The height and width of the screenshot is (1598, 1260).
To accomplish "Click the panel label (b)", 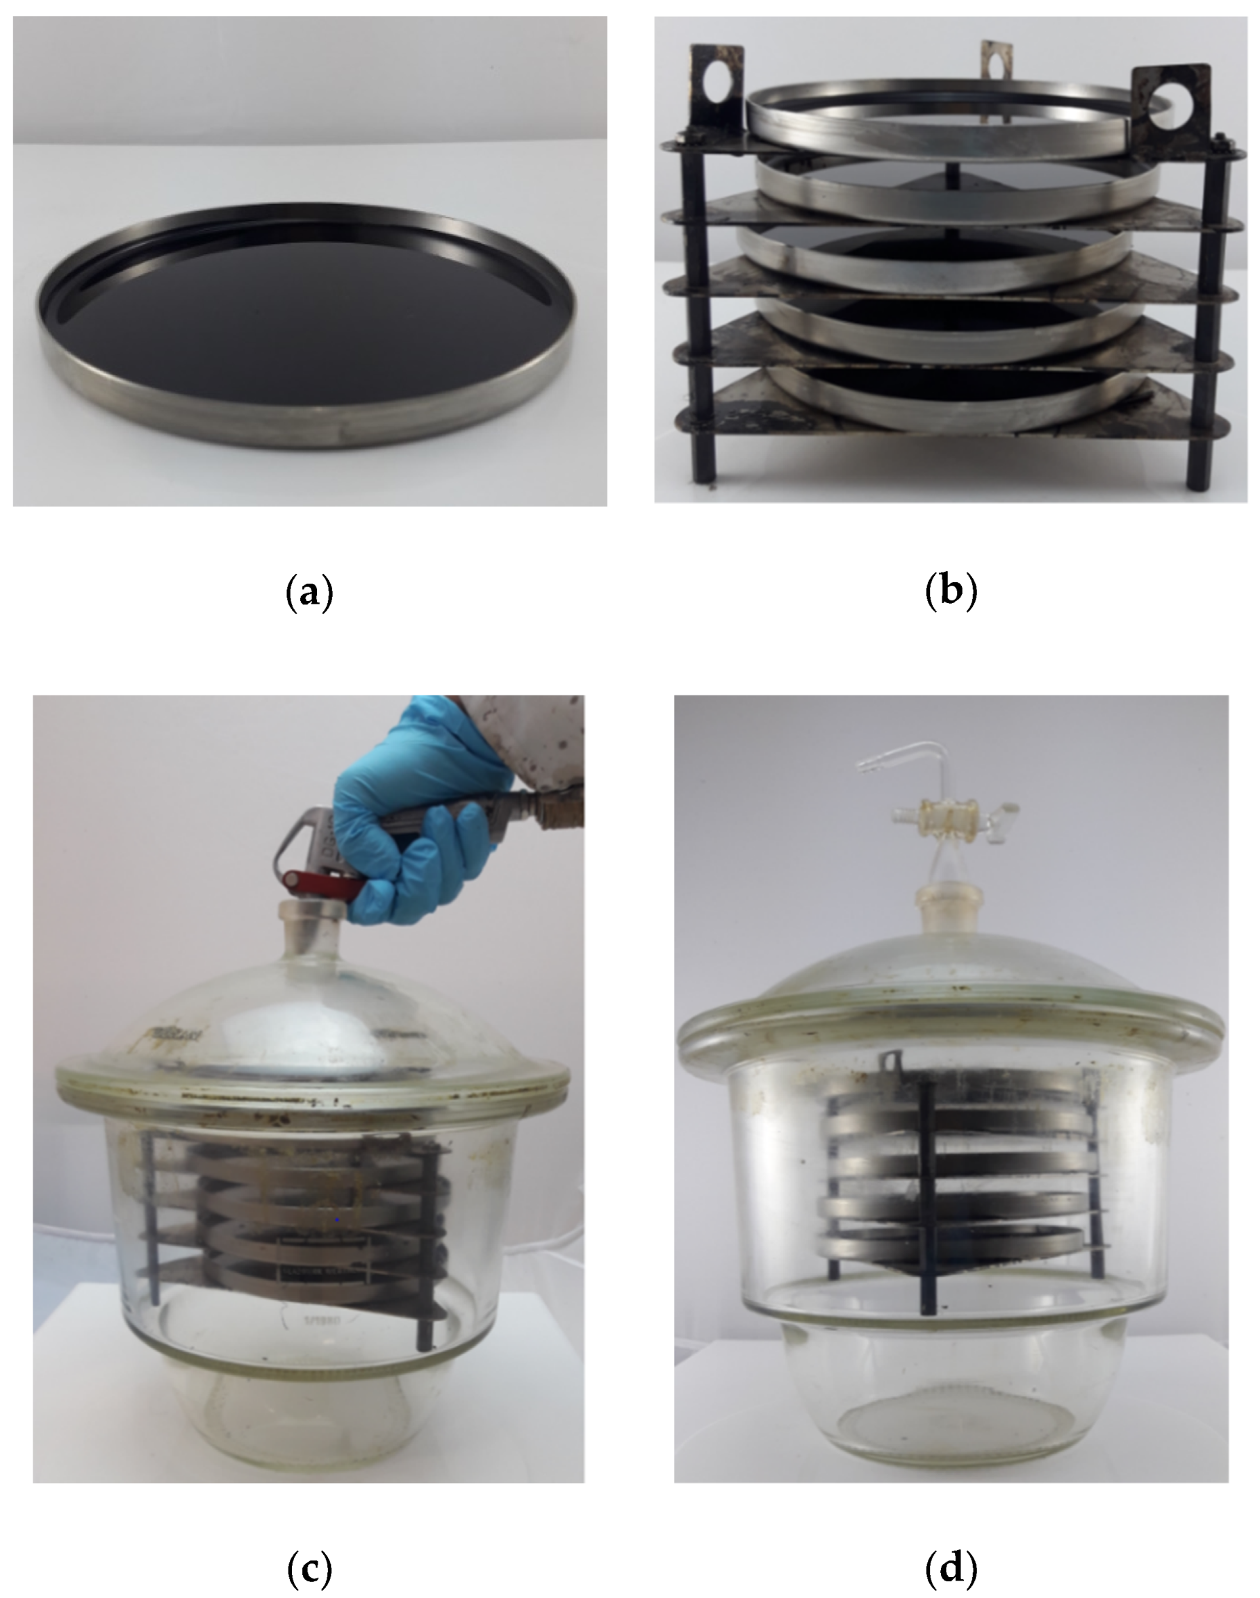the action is coord(951,593).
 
